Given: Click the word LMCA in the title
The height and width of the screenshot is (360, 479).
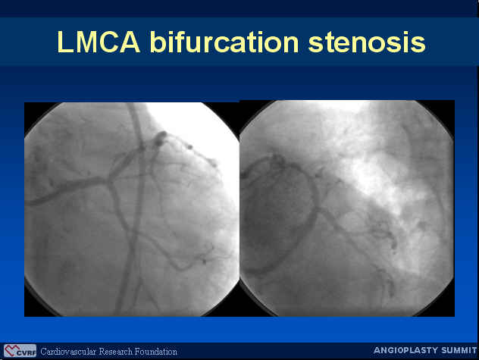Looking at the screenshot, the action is [x=99, y=42].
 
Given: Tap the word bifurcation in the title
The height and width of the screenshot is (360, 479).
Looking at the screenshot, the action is [x=224, y=42].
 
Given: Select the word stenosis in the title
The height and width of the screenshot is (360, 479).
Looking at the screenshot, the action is [x=367, y=42].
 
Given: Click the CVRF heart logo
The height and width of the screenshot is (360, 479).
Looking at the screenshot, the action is [x=20, y=350].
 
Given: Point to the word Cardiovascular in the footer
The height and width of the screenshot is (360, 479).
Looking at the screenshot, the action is [x=68, y=352].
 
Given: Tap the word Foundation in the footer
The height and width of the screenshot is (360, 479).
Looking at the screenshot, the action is [x=156, y=352].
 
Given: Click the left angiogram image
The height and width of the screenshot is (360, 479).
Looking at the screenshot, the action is [x=132, y=209].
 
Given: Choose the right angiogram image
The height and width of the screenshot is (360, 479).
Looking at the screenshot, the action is [x=347, y=208].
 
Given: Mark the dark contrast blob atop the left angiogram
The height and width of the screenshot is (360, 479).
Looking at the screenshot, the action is [x=160, y=138].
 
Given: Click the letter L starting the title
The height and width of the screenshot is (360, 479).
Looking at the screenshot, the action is [x=64, y=42].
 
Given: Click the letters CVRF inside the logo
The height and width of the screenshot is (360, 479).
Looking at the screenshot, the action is [x=27, y=353].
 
